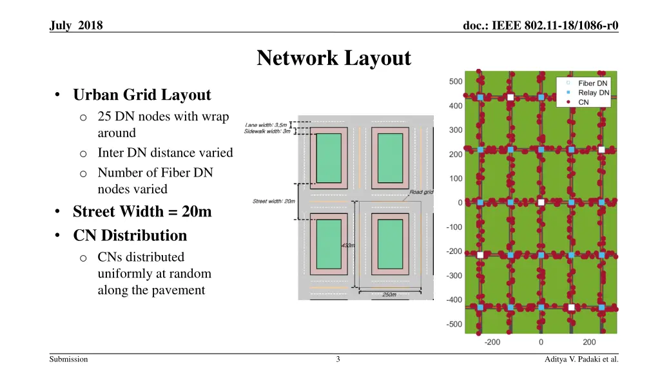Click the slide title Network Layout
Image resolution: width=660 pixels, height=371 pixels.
point(334,58)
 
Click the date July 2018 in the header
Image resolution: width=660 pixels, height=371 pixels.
point(76,26)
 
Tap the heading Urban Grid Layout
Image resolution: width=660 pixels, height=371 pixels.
point(142,95)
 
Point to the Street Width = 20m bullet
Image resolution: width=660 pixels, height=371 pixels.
point(142,211)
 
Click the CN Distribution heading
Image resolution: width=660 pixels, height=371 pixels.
point(130,235)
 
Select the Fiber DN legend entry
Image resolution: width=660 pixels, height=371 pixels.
point(592,83)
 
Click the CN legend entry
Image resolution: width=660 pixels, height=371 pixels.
point(583,102)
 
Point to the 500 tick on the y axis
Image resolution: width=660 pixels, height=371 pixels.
point(456,81)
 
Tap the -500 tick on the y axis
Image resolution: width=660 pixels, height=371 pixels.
point(454,324)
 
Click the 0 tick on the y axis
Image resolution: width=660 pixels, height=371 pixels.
point(460,202)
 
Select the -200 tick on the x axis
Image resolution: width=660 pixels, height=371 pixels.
point(492,342)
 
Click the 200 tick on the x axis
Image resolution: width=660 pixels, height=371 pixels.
point(589,342)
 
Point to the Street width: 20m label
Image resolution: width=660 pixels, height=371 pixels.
point(274,202)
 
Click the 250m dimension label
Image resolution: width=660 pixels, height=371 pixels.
point(389,295)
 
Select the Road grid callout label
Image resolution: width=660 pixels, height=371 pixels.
point(421,192)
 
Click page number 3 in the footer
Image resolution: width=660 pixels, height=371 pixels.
point(338,359)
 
